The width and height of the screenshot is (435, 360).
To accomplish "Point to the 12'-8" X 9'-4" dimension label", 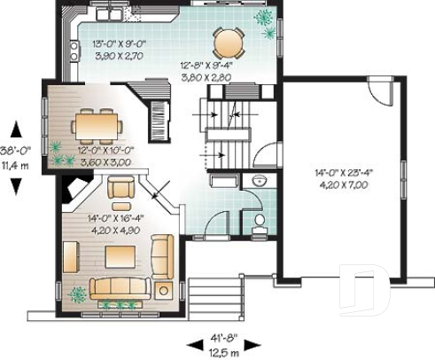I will coord(206,66).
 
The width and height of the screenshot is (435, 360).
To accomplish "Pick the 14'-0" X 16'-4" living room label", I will coord(117,216).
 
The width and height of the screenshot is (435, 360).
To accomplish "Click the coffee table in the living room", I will coord(120,256).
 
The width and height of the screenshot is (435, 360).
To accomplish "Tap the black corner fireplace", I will coord(69,189).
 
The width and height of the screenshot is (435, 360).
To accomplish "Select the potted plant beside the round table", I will coord(263,17).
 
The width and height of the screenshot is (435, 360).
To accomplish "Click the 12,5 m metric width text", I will coord(217,351).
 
